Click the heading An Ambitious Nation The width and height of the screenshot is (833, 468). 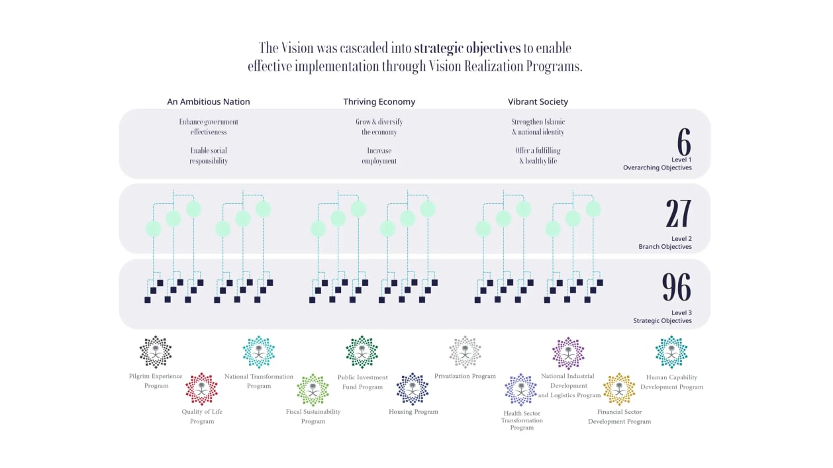(208, 101)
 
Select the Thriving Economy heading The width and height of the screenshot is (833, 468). (379, 101)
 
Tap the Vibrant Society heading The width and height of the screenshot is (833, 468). (538, 101)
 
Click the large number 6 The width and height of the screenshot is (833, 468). (684, 142)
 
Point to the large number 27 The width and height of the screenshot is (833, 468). (678, 213)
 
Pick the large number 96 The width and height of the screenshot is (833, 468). (677, 287)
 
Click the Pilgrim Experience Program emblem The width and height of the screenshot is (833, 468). (156, 351)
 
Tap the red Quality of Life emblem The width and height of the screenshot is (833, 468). (201, 389)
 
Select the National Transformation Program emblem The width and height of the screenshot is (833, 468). (259, 352)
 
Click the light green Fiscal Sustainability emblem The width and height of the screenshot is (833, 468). (313, 390)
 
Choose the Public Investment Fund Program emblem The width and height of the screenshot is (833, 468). (362, 352)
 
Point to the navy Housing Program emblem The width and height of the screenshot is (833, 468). (413, 389)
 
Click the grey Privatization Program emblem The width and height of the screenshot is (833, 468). (465, 352)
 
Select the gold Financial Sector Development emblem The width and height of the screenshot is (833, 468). (619, 389)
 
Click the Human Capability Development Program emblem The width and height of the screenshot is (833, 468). (671, 352)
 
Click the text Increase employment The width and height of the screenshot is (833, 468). (379, 156)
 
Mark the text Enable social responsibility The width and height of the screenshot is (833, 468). (208, 156)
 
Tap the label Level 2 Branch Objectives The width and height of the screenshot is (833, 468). (665, 242)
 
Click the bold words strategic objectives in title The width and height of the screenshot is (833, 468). (467, 48)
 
